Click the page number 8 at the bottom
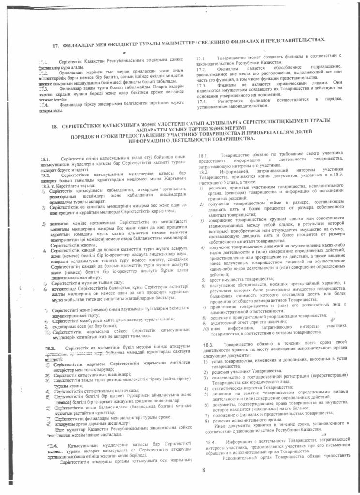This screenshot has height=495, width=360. click(x=204, y=469)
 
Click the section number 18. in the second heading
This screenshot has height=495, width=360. click(x=54, y=126)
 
